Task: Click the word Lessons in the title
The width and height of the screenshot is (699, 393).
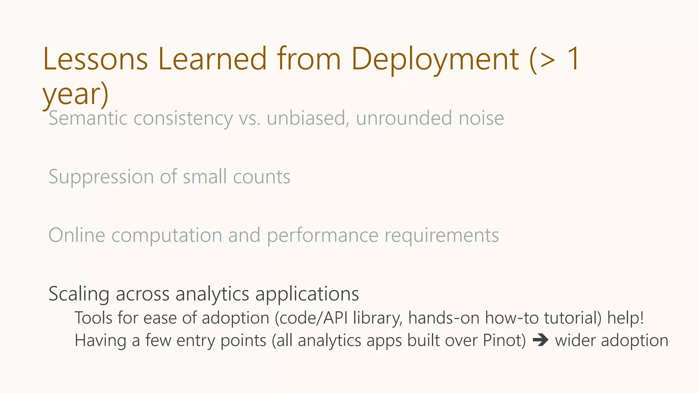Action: pyautogui.click(x=95, y=59)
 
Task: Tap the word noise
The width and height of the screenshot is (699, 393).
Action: pyautogui.click(x=481, y=118)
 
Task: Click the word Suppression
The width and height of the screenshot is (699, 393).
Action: pyautogui.click(x=101, y=177)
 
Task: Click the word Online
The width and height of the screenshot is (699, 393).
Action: pyautogui.click(x=77, y=235)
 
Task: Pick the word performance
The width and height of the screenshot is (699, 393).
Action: pyautogui.click(x=323, y=235)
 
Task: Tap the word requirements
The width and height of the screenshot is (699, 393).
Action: pyautogui.click(x=442, y=235)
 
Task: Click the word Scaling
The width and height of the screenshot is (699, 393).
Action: pyautogui.click(x=79, y=294)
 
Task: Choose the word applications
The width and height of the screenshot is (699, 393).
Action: pyautogui.click(x=307, y=294)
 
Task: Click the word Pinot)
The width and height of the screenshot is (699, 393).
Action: pyautogui.click(x=504, y=340)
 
